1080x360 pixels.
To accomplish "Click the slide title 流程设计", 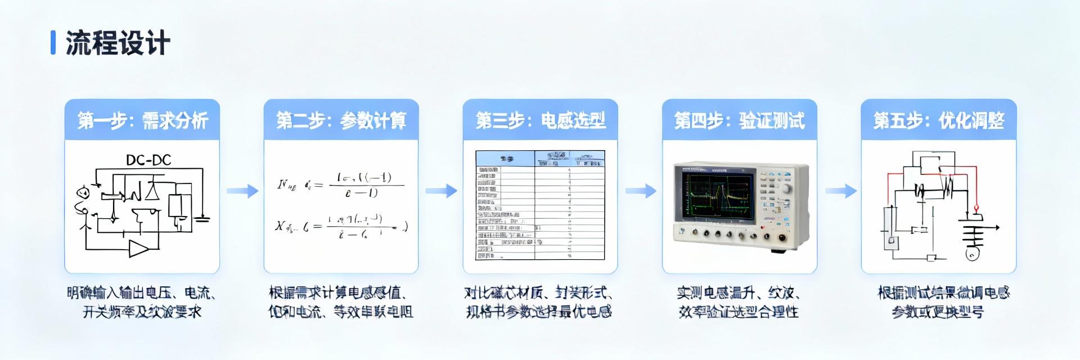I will [118, 43].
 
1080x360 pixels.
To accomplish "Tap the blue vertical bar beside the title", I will [53, 43].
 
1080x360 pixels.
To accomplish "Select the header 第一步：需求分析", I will [142, 120].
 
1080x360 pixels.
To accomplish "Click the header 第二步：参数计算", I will [341, 120].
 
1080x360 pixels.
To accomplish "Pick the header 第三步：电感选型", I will [540, 120].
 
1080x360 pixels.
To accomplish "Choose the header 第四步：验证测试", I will [739, 120].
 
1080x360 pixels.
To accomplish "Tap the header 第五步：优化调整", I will [938, 120].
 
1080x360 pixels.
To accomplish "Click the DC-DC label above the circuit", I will [148, 160].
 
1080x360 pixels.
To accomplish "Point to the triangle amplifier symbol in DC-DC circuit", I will [138, 248].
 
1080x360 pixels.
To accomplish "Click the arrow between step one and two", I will [242, 191].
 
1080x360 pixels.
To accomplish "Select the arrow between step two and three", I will [441, 191].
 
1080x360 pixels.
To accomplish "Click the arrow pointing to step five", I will [840, 191].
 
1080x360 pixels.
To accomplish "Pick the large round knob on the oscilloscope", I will [786, 189].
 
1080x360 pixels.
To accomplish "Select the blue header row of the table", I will [540, 159].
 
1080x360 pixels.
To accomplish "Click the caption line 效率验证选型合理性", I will [738, 312].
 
